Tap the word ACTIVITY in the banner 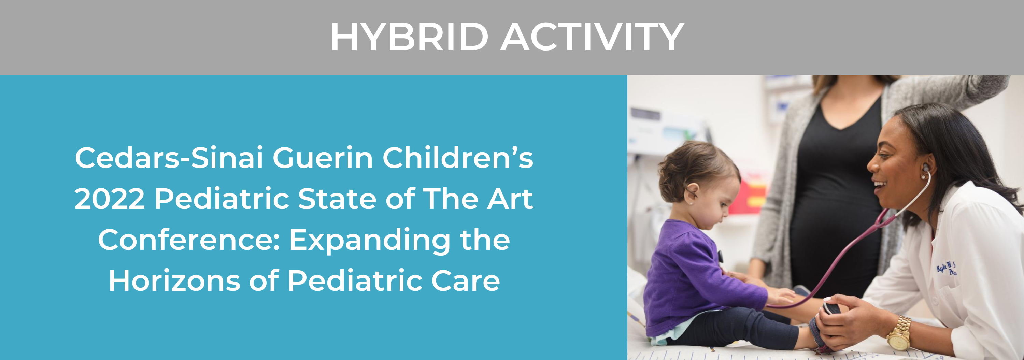point(592,37)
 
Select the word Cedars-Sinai point(169,158)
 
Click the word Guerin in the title point(322,158)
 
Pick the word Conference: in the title point(189,240)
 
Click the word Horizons point(174,281)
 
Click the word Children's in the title point(457,158)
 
